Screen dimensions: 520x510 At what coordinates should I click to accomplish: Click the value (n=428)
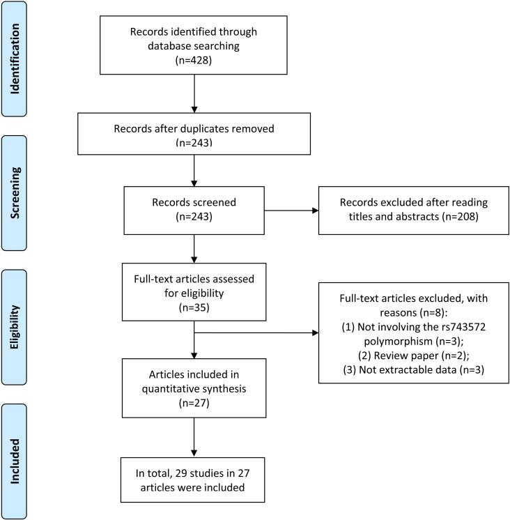point(194,60)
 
